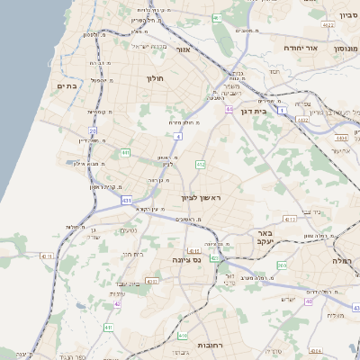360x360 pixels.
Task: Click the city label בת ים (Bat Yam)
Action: point(67,85)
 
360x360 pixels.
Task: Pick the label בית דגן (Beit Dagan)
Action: point(257,111)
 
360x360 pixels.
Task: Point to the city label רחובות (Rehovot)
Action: point(214,345)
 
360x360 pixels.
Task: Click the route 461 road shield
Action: point(217,18)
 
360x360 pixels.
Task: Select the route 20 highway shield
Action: point(93,131)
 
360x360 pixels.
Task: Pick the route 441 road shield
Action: point(125,153)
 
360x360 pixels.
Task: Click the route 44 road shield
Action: point(229,110)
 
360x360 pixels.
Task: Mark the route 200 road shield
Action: point(282,265)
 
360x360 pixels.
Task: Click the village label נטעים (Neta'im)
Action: point(129,231)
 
